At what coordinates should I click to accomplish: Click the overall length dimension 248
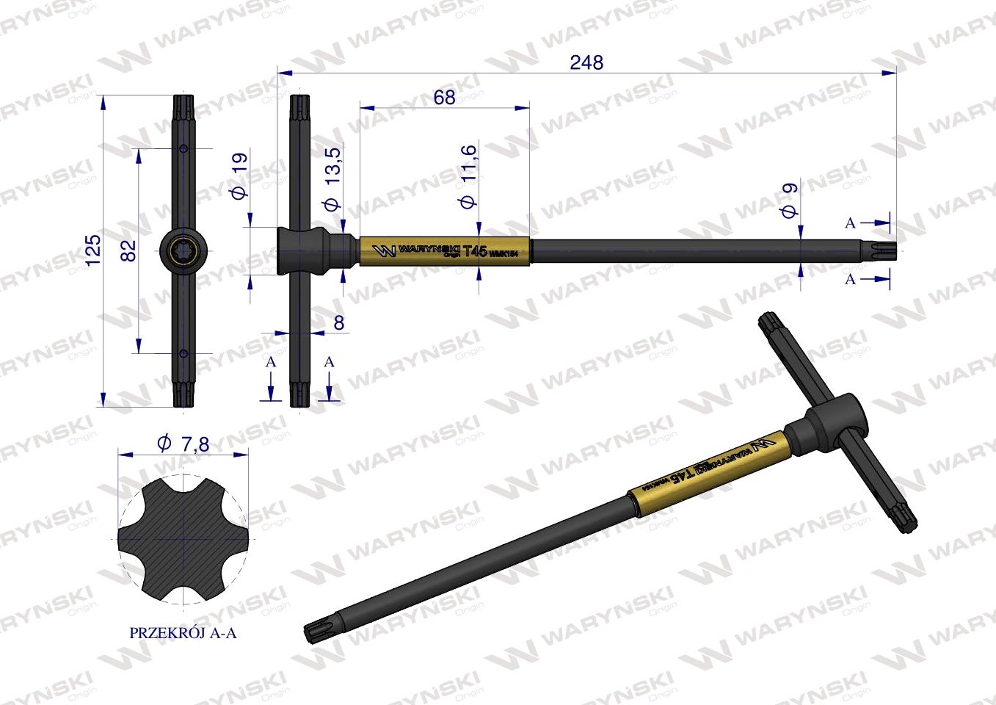point(586,63)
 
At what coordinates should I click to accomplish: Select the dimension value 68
point(444,98)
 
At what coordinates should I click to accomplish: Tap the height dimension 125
point(92,251)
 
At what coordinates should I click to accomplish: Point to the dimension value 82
point(128,251)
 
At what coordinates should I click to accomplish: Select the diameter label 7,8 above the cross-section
point(183,443)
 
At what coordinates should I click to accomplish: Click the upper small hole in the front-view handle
point(183,150)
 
